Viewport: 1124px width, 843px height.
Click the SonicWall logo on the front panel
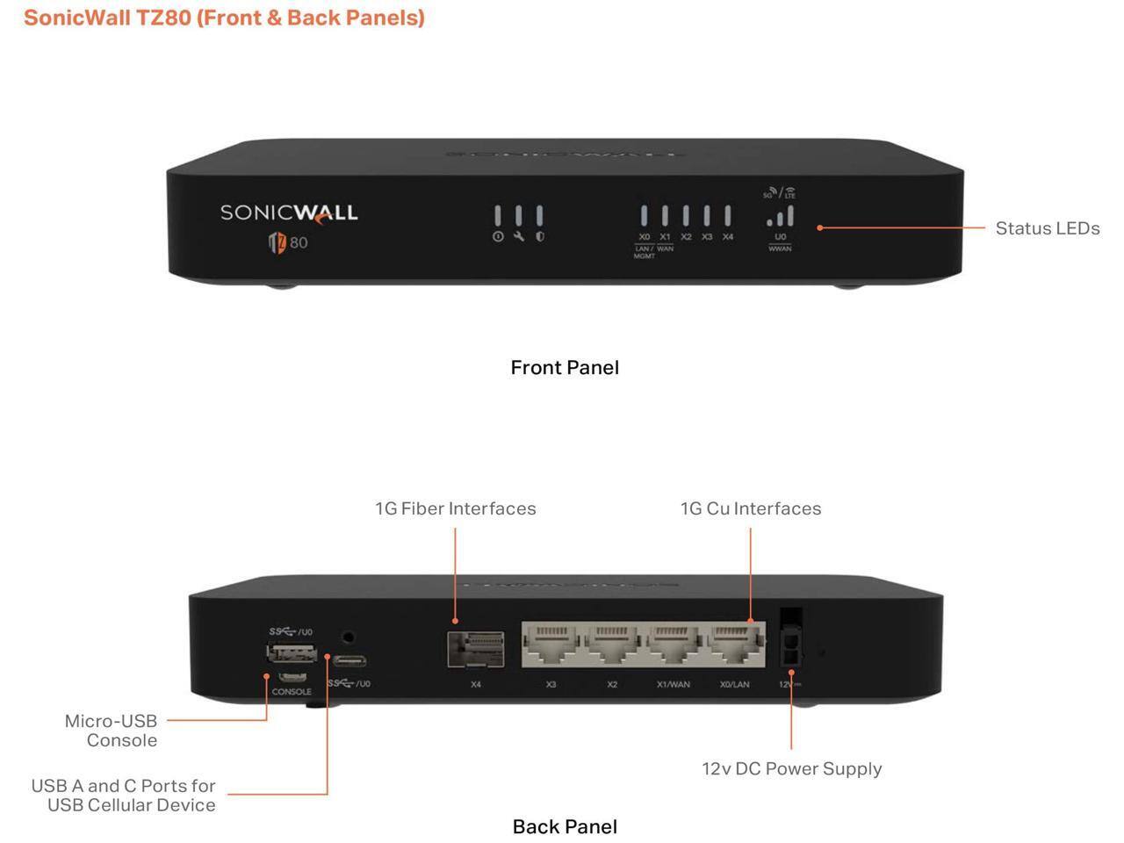[288, 213]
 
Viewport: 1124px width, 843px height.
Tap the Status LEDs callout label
[1047, 228]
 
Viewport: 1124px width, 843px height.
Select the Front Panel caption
[565, 367]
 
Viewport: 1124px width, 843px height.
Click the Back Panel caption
[565, 826]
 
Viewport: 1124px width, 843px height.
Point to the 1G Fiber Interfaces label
[455, 508]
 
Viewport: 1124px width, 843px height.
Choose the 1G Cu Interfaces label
[751, 508]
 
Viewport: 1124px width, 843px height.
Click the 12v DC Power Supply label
[791, 768]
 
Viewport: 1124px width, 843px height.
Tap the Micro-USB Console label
[111, 731]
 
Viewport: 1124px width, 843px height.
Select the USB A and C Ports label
[123, 795]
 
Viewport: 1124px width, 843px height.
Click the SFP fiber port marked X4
[476, 649]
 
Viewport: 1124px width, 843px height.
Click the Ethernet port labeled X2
[613, 646]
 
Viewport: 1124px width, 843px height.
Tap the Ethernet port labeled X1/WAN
[674, 646]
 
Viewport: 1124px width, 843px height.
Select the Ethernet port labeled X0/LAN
[735, 646]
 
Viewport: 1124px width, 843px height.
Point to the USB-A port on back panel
[292, 652]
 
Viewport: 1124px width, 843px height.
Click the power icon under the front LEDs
[498, 237]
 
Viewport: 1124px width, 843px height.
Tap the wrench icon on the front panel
[518, 237]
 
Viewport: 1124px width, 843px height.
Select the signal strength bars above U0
[780, 217]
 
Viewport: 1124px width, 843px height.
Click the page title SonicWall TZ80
[224, 18]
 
